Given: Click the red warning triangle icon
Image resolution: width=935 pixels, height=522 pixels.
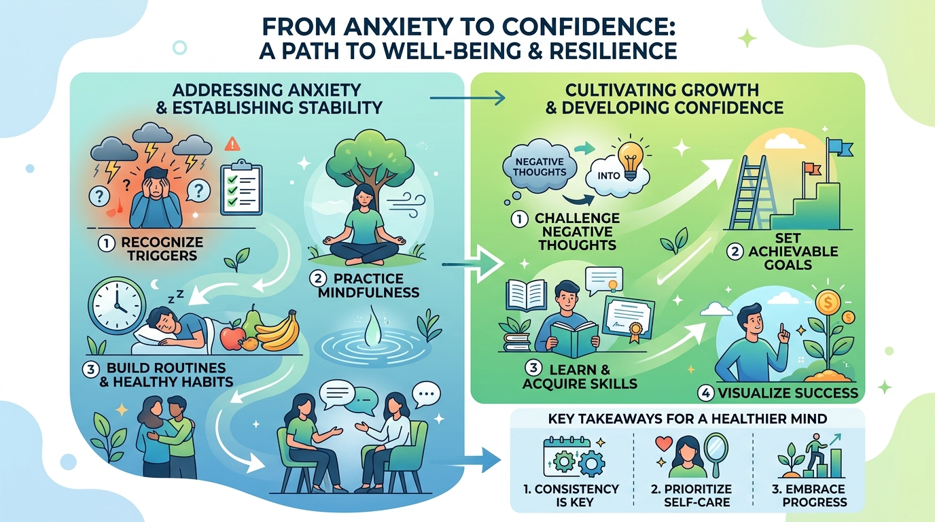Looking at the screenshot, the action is pyautogui.click(x=232, y=144).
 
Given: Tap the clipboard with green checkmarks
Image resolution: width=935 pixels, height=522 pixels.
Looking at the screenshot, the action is pyautogui.click(x=241, y=187).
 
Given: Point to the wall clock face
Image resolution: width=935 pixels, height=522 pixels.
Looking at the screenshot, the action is pyautogui.click(x=117, y=305).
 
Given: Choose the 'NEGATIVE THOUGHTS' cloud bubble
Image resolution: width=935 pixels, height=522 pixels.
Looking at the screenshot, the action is pyautogui.click(x=540, y=167).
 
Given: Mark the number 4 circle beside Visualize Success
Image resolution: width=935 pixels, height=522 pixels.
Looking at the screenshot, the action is pyautogui.click(x=705, y=394).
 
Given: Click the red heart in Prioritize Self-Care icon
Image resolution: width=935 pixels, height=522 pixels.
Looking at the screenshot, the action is pyautogui.click(x=664, y=443).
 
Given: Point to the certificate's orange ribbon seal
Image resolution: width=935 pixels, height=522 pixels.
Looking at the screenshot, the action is pyautogui.click(x=635, y=330).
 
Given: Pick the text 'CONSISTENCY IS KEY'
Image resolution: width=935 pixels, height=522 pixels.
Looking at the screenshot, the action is pyautogui.click(x=571, y=495).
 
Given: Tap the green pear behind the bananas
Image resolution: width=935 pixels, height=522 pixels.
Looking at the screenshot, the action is pyautogui.click(x=252, y=322).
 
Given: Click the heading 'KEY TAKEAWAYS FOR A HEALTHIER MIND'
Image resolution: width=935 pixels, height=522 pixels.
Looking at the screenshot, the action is pyautogui.click(x=688, y=419).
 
